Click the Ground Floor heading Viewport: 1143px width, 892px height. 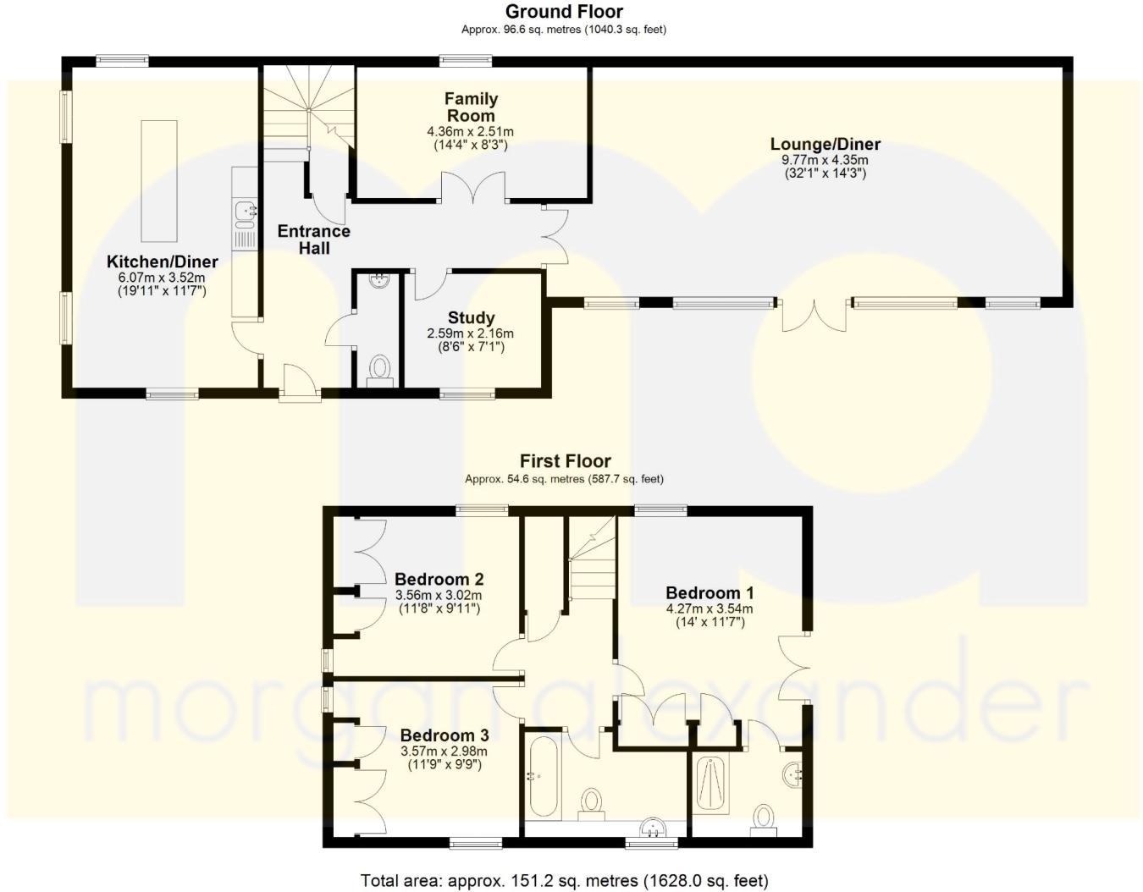[x=564, y=12]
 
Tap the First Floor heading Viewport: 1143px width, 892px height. [x=565, y=461]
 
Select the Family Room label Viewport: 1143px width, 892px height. [x=471, y=107]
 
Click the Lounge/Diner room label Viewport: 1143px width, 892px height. [x=825, y=145]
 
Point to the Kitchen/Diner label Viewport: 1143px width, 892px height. [x=162, y=262]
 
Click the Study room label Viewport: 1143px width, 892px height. [x=471, y=318]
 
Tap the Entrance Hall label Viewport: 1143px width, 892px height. [x=313, y=240]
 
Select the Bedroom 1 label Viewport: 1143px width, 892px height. [x=710, y=593]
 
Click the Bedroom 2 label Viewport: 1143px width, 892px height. [x=439, y=580]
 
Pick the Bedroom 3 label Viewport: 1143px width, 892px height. [x=444, y=735]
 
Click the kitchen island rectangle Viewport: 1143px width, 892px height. [x=159, y=180]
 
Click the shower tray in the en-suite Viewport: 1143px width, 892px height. [x=710, y=785]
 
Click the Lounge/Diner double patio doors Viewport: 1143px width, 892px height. [x=813, y=315]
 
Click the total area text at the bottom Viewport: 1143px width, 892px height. [x=564, y=881]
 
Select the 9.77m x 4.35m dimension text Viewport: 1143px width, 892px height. [x=825, y=160]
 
